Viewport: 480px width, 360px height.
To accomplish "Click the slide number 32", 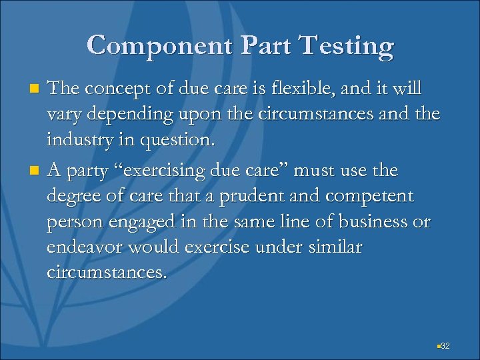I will tap(446, 345).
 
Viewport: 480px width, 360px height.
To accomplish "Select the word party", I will tap(89, 171).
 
